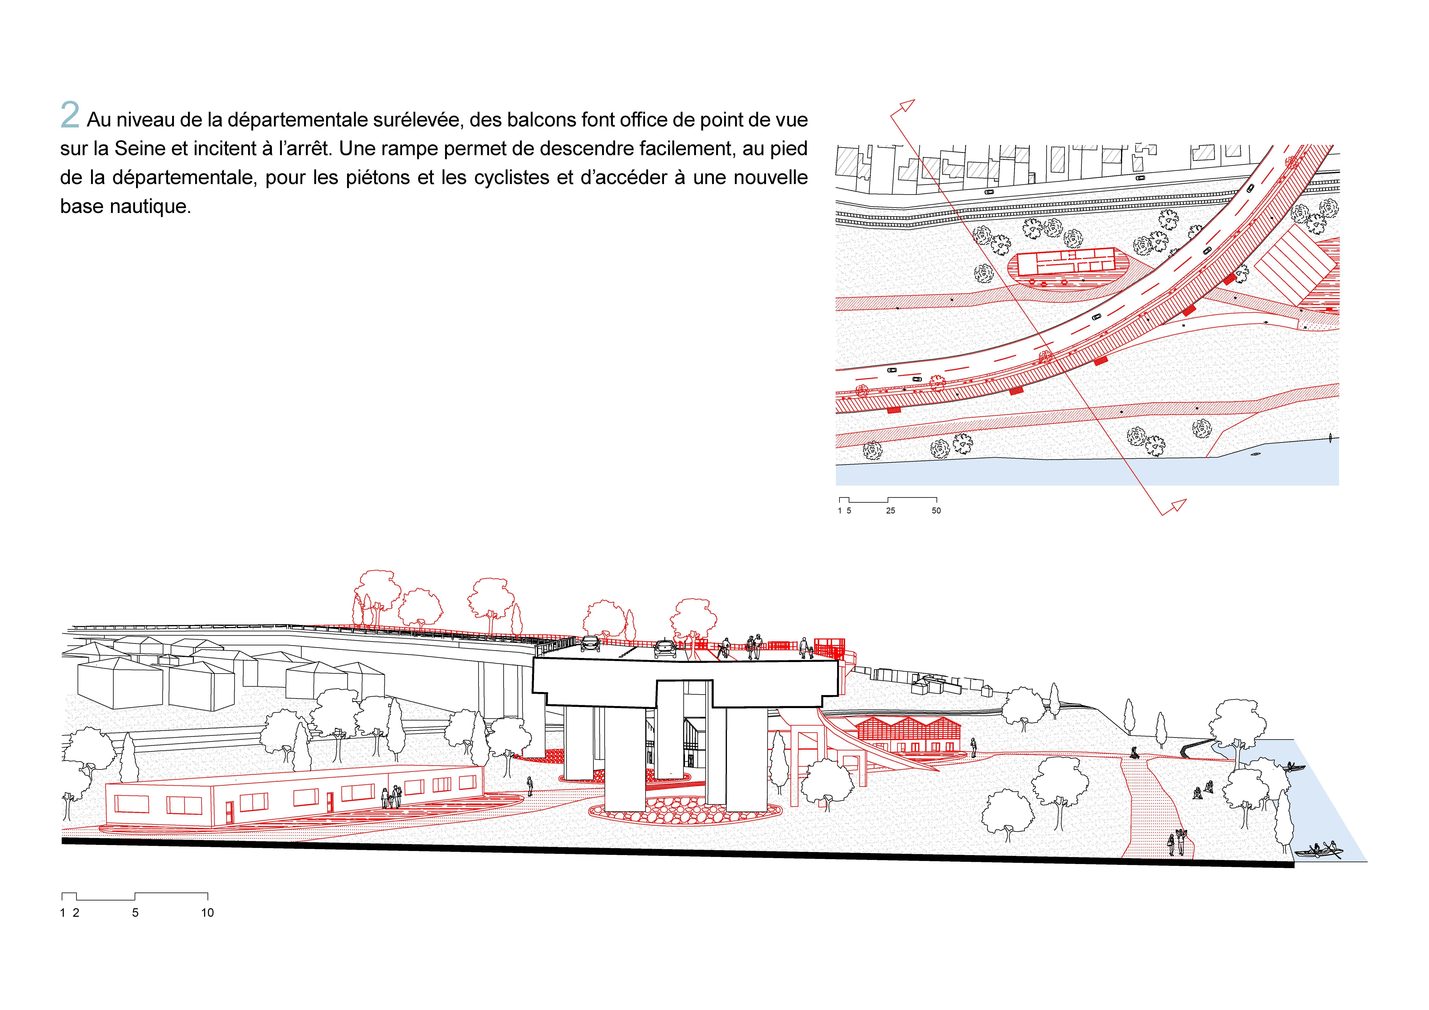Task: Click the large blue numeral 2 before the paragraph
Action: tap(70, 116)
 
